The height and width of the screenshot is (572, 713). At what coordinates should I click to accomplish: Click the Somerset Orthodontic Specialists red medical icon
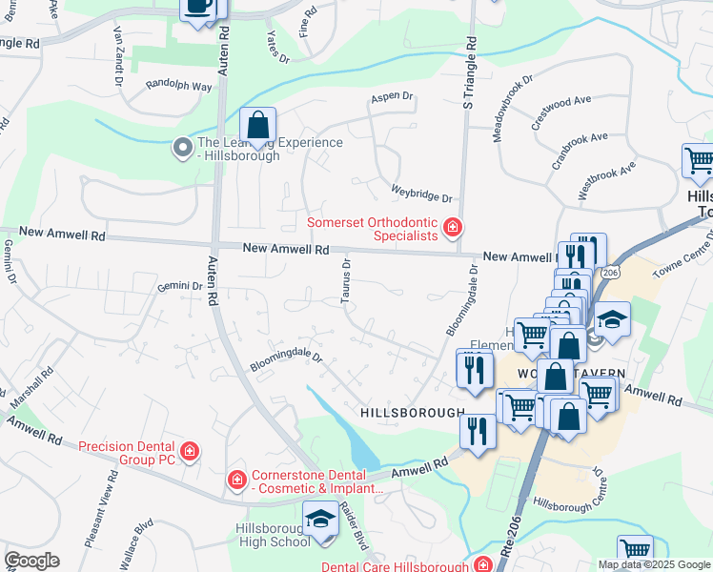pos(452,228)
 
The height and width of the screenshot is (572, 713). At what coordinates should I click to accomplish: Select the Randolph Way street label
pos(178,86)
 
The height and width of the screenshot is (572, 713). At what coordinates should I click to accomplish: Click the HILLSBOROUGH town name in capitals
pos(412,412)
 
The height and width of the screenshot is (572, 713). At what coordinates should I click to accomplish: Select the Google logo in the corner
pos(31,561)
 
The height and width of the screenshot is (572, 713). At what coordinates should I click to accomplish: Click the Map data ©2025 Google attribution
pos(653,564)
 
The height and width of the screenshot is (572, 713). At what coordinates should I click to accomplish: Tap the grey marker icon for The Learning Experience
pos(182,148)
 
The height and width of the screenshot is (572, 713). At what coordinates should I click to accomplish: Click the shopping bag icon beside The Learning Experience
pos(257,126)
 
